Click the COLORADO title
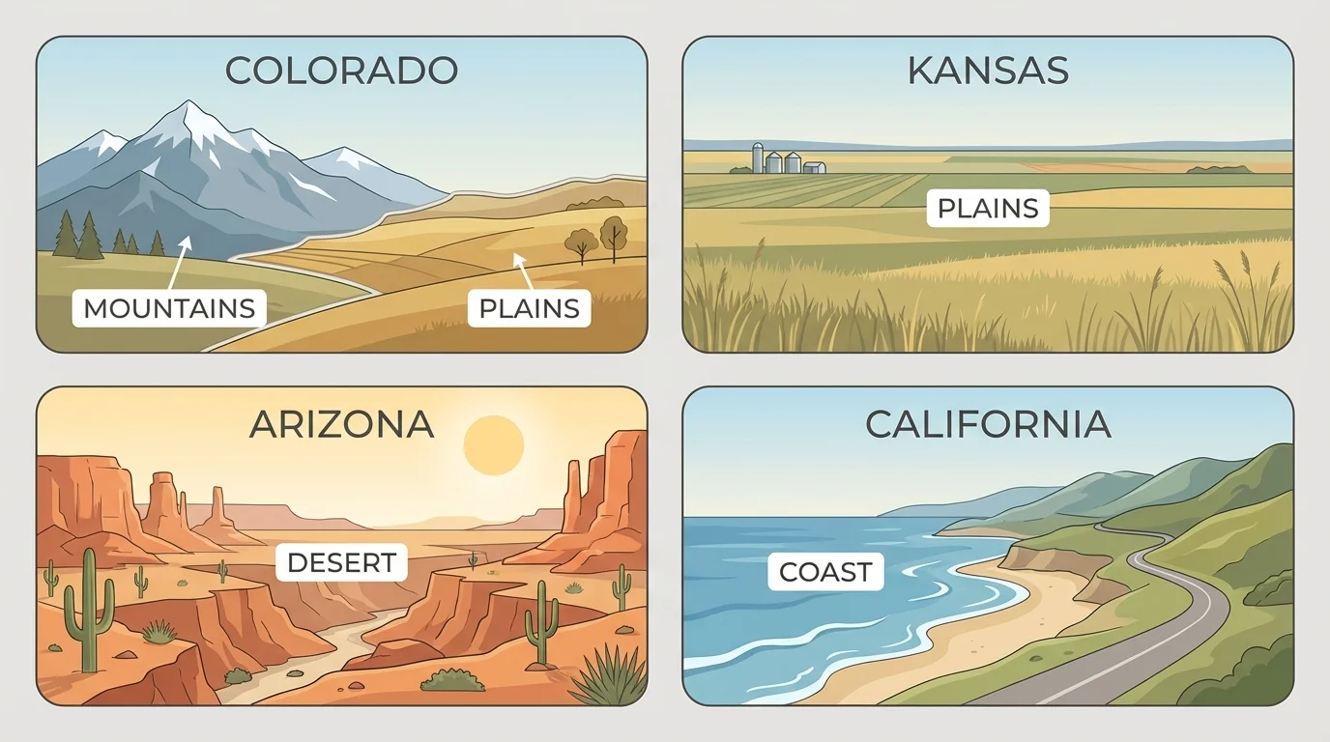pos(341,71)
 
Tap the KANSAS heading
pos(988,71)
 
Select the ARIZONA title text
pos(341,425)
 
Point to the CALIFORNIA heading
pos(988,425)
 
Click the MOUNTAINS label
pos(169,308)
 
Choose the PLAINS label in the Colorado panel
pos(530,308)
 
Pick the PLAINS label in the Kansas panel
pos(988,209)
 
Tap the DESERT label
pos(341,562)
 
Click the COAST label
pos(825,572)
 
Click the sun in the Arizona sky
pos(493,445)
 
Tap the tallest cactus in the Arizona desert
pos(89,609)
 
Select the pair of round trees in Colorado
pos(597,239)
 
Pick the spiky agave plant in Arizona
pos(612,676)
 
